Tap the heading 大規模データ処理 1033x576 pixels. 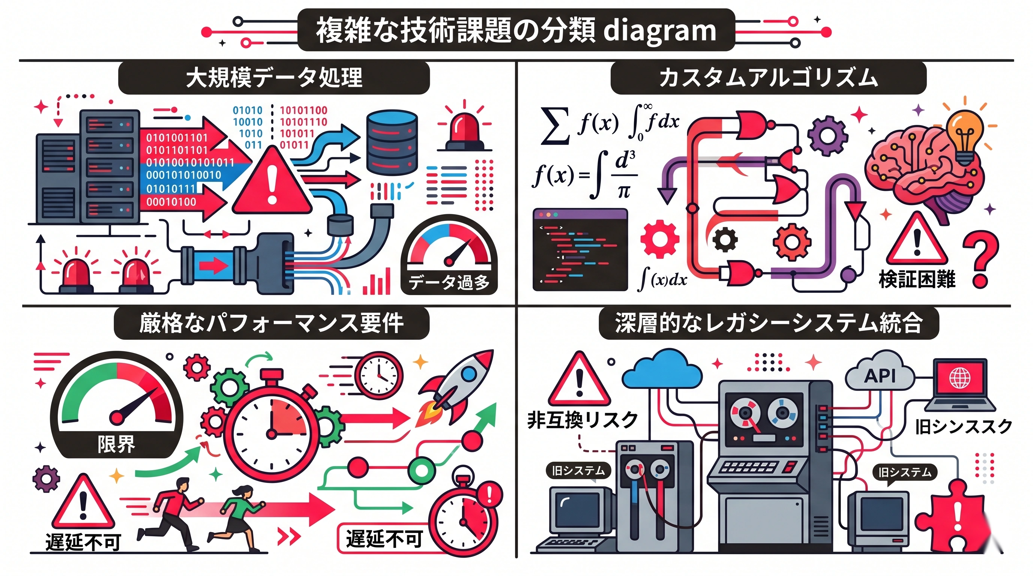274,77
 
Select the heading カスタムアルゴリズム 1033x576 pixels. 768,77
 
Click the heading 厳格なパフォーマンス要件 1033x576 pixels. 271,323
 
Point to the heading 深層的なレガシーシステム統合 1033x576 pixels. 769,323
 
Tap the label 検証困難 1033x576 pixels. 917,279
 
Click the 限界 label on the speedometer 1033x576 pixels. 116,444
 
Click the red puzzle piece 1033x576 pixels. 955,517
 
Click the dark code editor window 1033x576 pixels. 580,249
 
